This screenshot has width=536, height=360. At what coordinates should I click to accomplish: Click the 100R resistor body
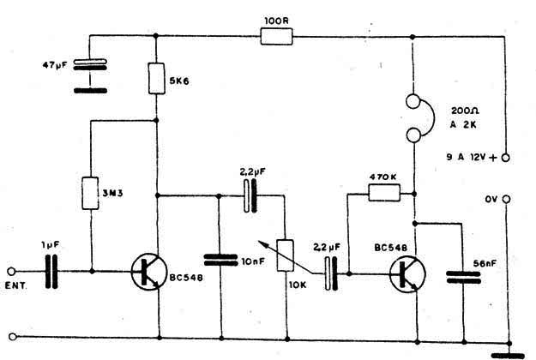tap(276, 37)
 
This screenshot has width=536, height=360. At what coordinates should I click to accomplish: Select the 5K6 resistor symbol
tap(157, 78)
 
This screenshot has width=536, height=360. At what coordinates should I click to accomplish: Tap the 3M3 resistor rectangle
tap(91, 193)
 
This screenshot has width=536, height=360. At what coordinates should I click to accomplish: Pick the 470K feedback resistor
tap(384, 193)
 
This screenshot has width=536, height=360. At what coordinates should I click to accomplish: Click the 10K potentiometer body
tap(285, 255)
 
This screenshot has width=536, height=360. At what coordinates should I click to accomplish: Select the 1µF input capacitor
tap(51, 272)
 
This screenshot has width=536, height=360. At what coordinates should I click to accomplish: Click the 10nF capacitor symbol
tap(220, 260)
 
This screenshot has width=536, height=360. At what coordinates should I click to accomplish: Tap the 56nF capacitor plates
tap(463, 278)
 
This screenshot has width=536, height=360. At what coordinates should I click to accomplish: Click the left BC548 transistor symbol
tap(149, 272)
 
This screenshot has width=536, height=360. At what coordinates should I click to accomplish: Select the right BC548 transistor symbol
tap(407, 274)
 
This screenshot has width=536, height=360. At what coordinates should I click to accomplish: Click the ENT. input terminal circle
tap(11, 272)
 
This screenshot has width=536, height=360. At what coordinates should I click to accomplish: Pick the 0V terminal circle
tap(507, 199)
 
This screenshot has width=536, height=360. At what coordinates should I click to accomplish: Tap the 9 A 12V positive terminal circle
tap(505, 158)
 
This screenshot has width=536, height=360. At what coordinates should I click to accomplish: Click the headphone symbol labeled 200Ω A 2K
tap(419, 118)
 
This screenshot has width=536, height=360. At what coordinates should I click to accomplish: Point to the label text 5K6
tap(179, 81)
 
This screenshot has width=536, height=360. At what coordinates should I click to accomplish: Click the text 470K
tap(383, 177)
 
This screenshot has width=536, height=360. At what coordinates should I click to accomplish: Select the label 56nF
tap(485, 263)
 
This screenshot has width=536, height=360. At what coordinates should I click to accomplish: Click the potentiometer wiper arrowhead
tap(262, 243)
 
